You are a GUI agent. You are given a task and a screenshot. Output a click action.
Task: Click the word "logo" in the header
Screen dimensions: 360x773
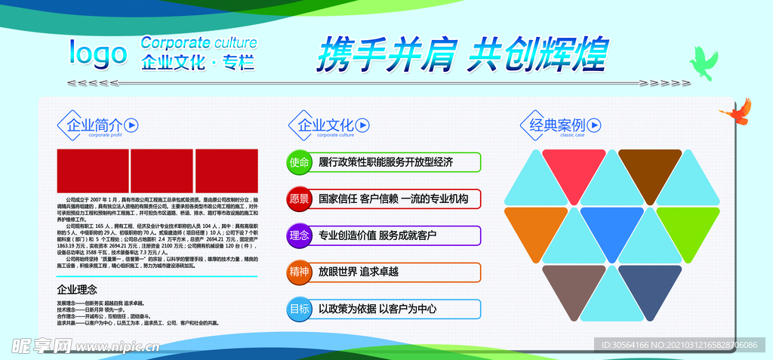tap(98, 54)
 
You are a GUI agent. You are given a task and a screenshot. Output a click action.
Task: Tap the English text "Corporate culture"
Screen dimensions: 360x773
tap(199, 42)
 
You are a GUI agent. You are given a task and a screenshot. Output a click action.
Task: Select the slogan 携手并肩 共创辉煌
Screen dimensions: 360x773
tap(461, 54)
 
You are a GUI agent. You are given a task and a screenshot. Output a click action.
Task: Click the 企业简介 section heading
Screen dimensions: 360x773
tap(94, 125)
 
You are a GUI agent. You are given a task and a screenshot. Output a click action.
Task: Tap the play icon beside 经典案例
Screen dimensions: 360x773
tap(594, 125)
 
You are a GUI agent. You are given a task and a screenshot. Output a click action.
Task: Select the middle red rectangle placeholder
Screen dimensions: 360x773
tap(162, 171)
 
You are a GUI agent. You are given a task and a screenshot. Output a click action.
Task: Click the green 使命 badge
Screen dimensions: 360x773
tap(299, 162)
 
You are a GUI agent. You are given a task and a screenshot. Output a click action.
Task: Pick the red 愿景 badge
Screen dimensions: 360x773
tap(299, 199)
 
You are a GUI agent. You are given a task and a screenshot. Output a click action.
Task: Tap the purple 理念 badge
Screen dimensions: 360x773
tap(299, 235)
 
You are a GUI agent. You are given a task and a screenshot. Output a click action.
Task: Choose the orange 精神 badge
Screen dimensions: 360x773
tap(299, 272)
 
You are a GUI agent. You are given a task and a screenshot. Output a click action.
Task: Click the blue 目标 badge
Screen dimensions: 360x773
tap(299, 309)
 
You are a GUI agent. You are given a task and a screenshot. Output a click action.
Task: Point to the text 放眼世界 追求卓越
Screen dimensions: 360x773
tap(358, 272)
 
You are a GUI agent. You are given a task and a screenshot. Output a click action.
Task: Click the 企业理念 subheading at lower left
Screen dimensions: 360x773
tap(77, 289)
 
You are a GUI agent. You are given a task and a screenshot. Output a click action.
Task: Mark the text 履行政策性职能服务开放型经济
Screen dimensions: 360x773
tap(386, 162)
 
